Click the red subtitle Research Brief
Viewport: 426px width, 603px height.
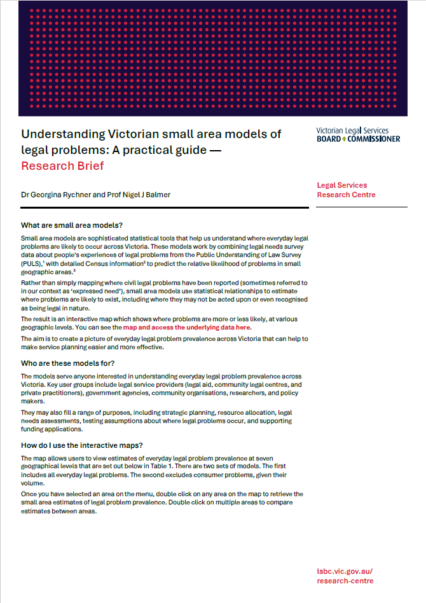click(62, 167)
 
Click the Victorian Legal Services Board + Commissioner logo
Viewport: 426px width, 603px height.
click(358, 135)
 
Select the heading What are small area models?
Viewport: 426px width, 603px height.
click(72, 225)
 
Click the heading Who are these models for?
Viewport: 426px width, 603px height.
click(67, 363)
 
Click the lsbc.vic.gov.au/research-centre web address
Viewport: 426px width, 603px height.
click(345, 576)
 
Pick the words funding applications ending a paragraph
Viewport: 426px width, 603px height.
click(49, 429)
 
